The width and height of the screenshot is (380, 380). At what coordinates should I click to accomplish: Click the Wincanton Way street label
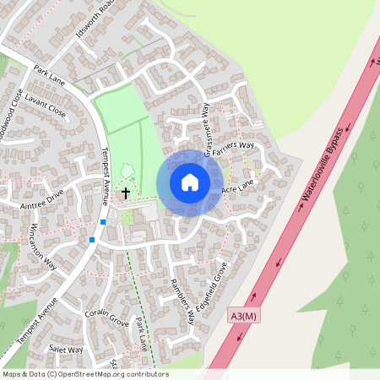(x=42, y=244)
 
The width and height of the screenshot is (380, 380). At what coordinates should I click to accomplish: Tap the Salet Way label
(x=66, y=349)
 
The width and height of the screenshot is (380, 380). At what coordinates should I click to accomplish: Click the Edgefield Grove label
(x=217, y=285)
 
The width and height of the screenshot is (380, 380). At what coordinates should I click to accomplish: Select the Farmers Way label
(x=233, y=150)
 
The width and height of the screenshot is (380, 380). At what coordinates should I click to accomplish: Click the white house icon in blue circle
(x=190, y=182)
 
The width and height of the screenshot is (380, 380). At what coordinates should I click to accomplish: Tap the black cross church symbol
(x=126, y=193)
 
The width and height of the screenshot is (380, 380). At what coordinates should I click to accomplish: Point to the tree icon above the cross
(x=128, y=172)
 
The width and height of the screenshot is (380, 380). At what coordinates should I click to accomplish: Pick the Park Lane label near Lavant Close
(x=49, y=73)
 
